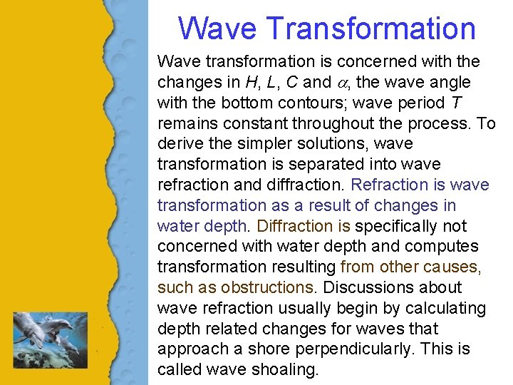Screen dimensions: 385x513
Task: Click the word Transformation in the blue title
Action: tap(370, 29)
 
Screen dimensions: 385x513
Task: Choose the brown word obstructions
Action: tap(267, 288)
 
